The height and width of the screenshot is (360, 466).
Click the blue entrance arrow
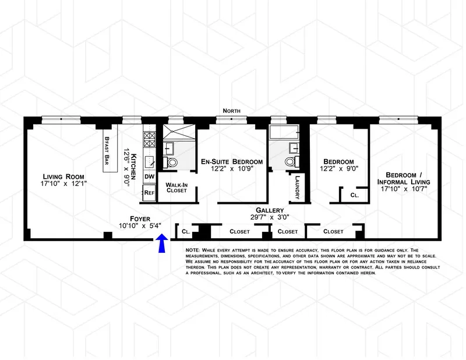coord(162,244)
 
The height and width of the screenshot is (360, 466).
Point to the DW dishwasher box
coord(149,177)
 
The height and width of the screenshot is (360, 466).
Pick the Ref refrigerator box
coord(149,192)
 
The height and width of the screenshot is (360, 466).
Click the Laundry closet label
coord(298,187)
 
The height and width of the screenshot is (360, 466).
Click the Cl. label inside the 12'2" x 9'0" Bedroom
coord(354,196)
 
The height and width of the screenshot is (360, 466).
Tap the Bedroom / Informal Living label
coord(407,179)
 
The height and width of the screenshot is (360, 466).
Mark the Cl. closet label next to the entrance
coord(186,231)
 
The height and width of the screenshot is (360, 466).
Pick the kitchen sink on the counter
coord(149,161)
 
